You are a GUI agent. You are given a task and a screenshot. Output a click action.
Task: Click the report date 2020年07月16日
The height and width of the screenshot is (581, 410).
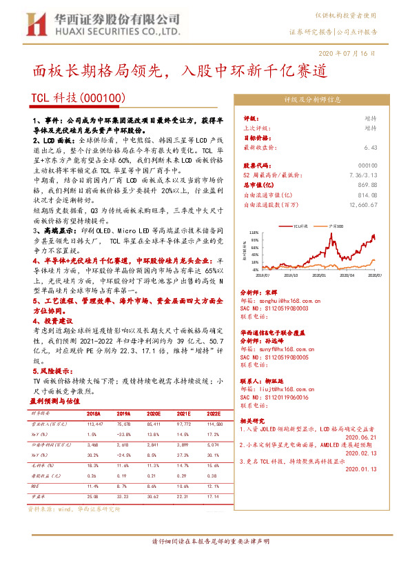[x=348, y=53]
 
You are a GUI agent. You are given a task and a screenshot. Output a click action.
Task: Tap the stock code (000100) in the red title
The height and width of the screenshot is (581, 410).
[x=103, y=99]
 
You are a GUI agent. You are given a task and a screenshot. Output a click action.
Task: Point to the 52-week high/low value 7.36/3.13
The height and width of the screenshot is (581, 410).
[x=362, y=175]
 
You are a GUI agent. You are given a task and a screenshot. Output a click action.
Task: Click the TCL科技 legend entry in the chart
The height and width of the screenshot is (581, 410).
[x=301, y=226]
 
